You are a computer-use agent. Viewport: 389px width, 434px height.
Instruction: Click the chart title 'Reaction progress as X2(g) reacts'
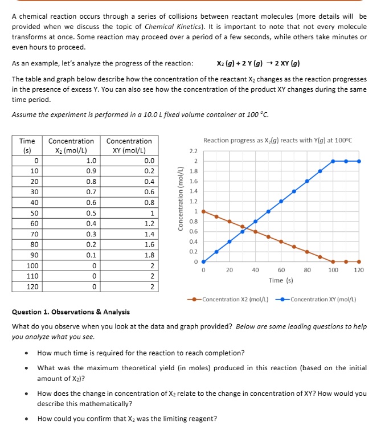point(278,141)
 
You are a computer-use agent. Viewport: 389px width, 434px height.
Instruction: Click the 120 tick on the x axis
point(358,271)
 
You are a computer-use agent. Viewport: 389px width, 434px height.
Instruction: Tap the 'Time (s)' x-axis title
point(281,280)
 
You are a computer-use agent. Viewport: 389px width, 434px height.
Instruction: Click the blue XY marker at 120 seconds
point(358,161)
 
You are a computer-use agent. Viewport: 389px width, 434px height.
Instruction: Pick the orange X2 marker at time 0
point(203,212)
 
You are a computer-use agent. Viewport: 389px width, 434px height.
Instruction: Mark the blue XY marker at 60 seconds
point(281,202)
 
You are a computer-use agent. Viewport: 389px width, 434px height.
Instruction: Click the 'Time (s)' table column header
point(27,145)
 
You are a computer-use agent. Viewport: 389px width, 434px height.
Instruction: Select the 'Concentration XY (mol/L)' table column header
point(129,145)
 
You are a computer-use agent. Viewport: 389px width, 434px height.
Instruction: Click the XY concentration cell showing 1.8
point(149,255)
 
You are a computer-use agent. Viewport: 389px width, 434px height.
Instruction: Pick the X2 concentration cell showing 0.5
point(91,213)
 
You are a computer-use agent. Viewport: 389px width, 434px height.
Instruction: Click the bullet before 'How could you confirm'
point(27,419)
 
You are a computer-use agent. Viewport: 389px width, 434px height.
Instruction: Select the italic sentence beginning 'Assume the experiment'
point(140,114)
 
